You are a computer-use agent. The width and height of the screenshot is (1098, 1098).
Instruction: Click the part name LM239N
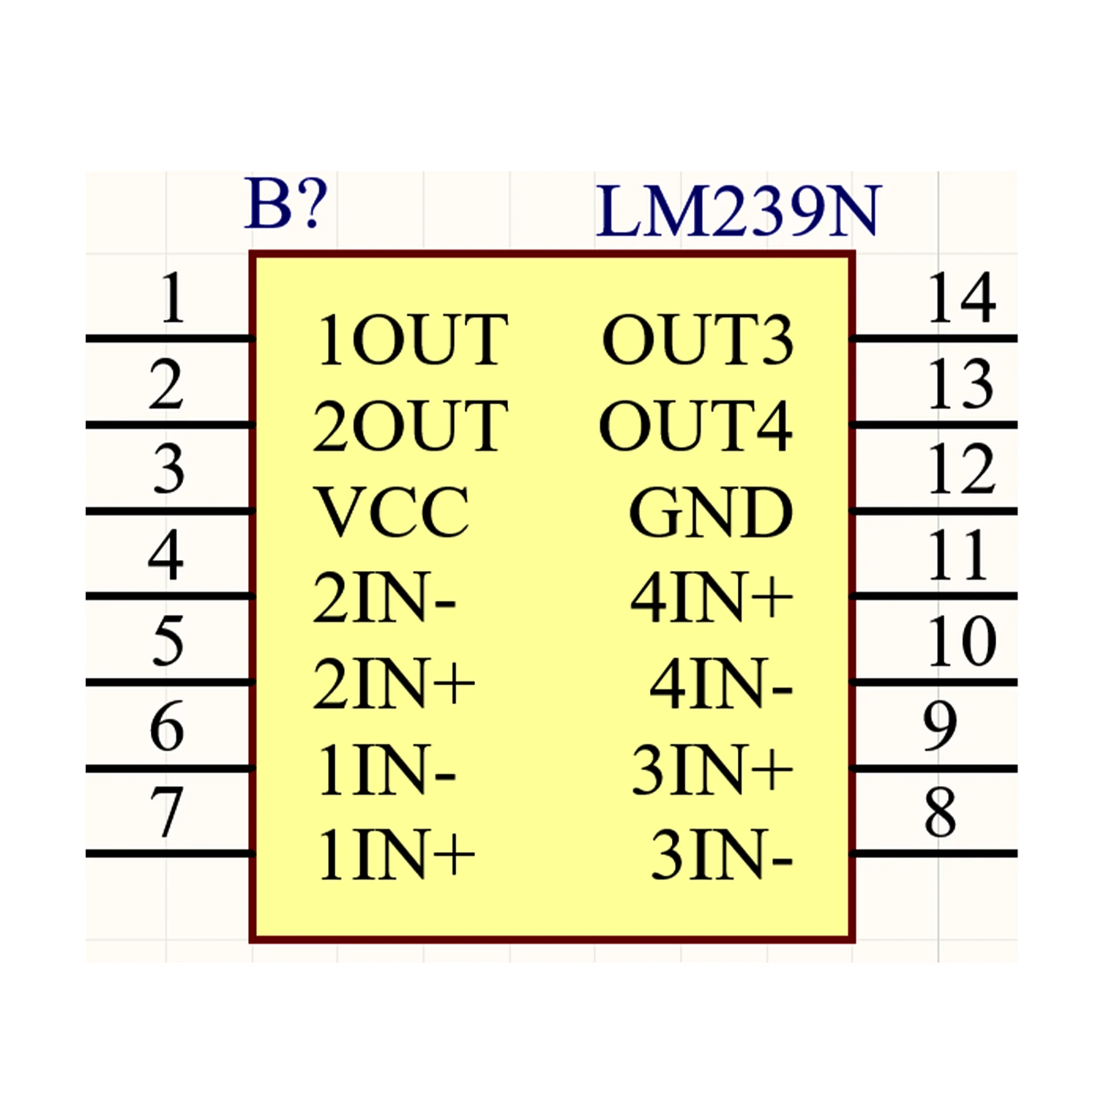pos(738,211)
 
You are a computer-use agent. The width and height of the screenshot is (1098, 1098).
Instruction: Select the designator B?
pos(285,203)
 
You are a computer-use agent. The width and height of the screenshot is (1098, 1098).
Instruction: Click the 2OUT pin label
pos(410,425)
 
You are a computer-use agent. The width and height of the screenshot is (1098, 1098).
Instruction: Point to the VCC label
pos(392,512)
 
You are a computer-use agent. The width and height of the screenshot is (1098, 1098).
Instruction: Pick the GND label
pos(710,512)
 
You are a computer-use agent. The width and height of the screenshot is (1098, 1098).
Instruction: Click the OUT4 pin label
pos(695,425)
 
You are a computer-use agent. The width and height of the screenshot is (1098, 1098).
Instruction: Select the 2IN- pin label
pos(385,597)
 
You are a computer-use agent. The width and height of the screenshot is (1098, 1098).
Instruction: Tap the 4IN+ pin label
pos(712,597)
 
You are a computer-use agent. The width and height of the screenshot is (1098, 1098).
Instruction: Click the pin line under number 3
pos(170,511)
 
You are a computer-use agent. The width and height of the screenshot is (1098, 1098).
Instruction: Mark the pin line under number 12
pos(933,511)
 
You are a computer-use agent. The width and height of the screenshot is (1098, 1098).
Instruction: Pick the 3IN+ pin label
pos(712,769)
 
